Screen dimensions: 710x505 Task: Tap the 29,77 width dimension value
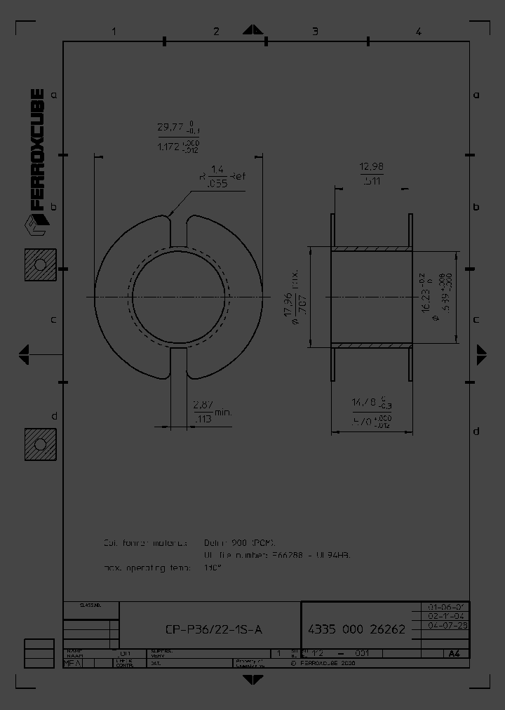click(x=170, y=128)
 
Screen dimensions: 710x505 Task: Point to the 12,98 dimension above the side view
click(x=371, y=166)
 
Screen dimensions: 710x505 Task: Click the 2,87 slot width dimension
click(x=203, y=405)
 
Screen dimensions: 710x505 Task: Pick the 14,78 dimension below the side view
click(x=372, y=402)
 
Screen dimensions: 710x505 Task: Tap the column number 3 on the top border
click(x=315, y=31)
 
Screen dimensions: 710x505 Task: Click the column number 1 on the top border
click(x=114, y=31)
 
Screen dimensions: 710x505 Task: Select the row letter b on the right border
click(x=476, y=207)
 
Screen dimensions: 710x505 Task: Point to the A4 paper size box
click(x=454, y=653)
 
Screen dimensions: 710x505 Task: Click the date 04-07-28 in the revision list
click(x=447, y=624)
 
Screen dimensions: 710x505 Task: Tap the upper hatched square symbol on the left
click(x=40, y=264)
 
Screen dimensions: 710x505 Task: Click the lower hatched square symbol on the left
click(x=40, y=444)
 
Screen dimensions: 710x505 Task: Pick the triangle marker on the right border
click(x=482, y=354)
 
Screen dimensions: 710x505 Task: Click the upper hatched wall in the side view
click(x=371, y=248)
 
